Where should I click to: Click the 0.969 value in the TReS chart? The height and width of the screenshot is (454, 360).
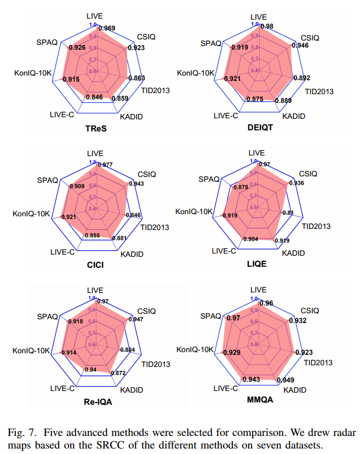point(106,28)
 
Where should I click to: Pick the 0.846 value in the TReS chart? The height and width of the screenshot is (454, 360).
point(94,97)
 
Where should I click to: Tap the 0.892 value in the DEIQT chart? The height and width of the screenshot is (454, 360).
point(302,78)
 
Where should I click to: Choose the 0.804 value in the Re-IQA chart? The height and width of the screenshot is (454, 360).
point(128,349)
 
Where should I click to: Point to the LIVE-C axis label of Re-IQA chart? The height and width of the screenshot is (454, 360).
point(61,388)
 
